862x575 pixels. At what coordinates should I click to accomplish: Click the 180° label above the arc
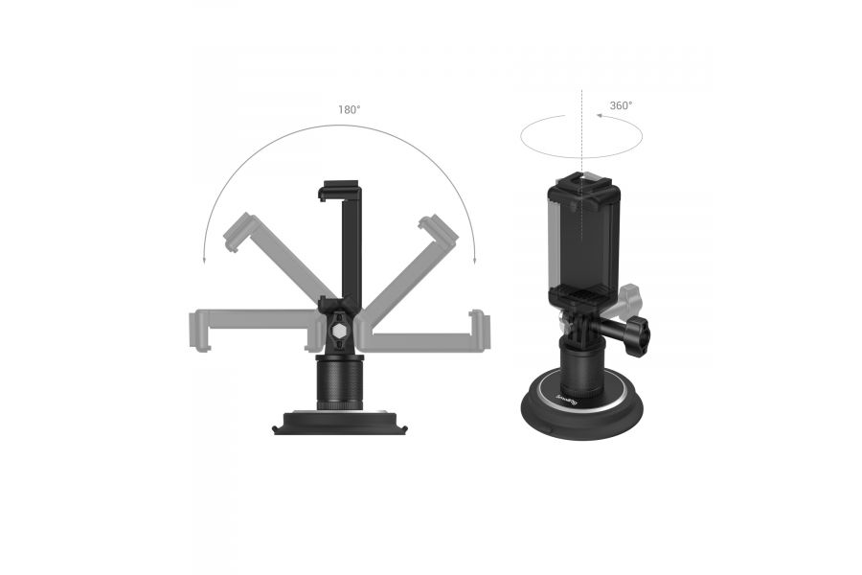coord(349,109)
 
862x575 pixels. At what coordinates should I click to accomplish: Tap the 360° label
coord(621,105)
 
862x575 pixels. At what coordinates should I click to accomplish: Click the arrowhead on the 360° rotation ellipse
coord(598,116)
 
